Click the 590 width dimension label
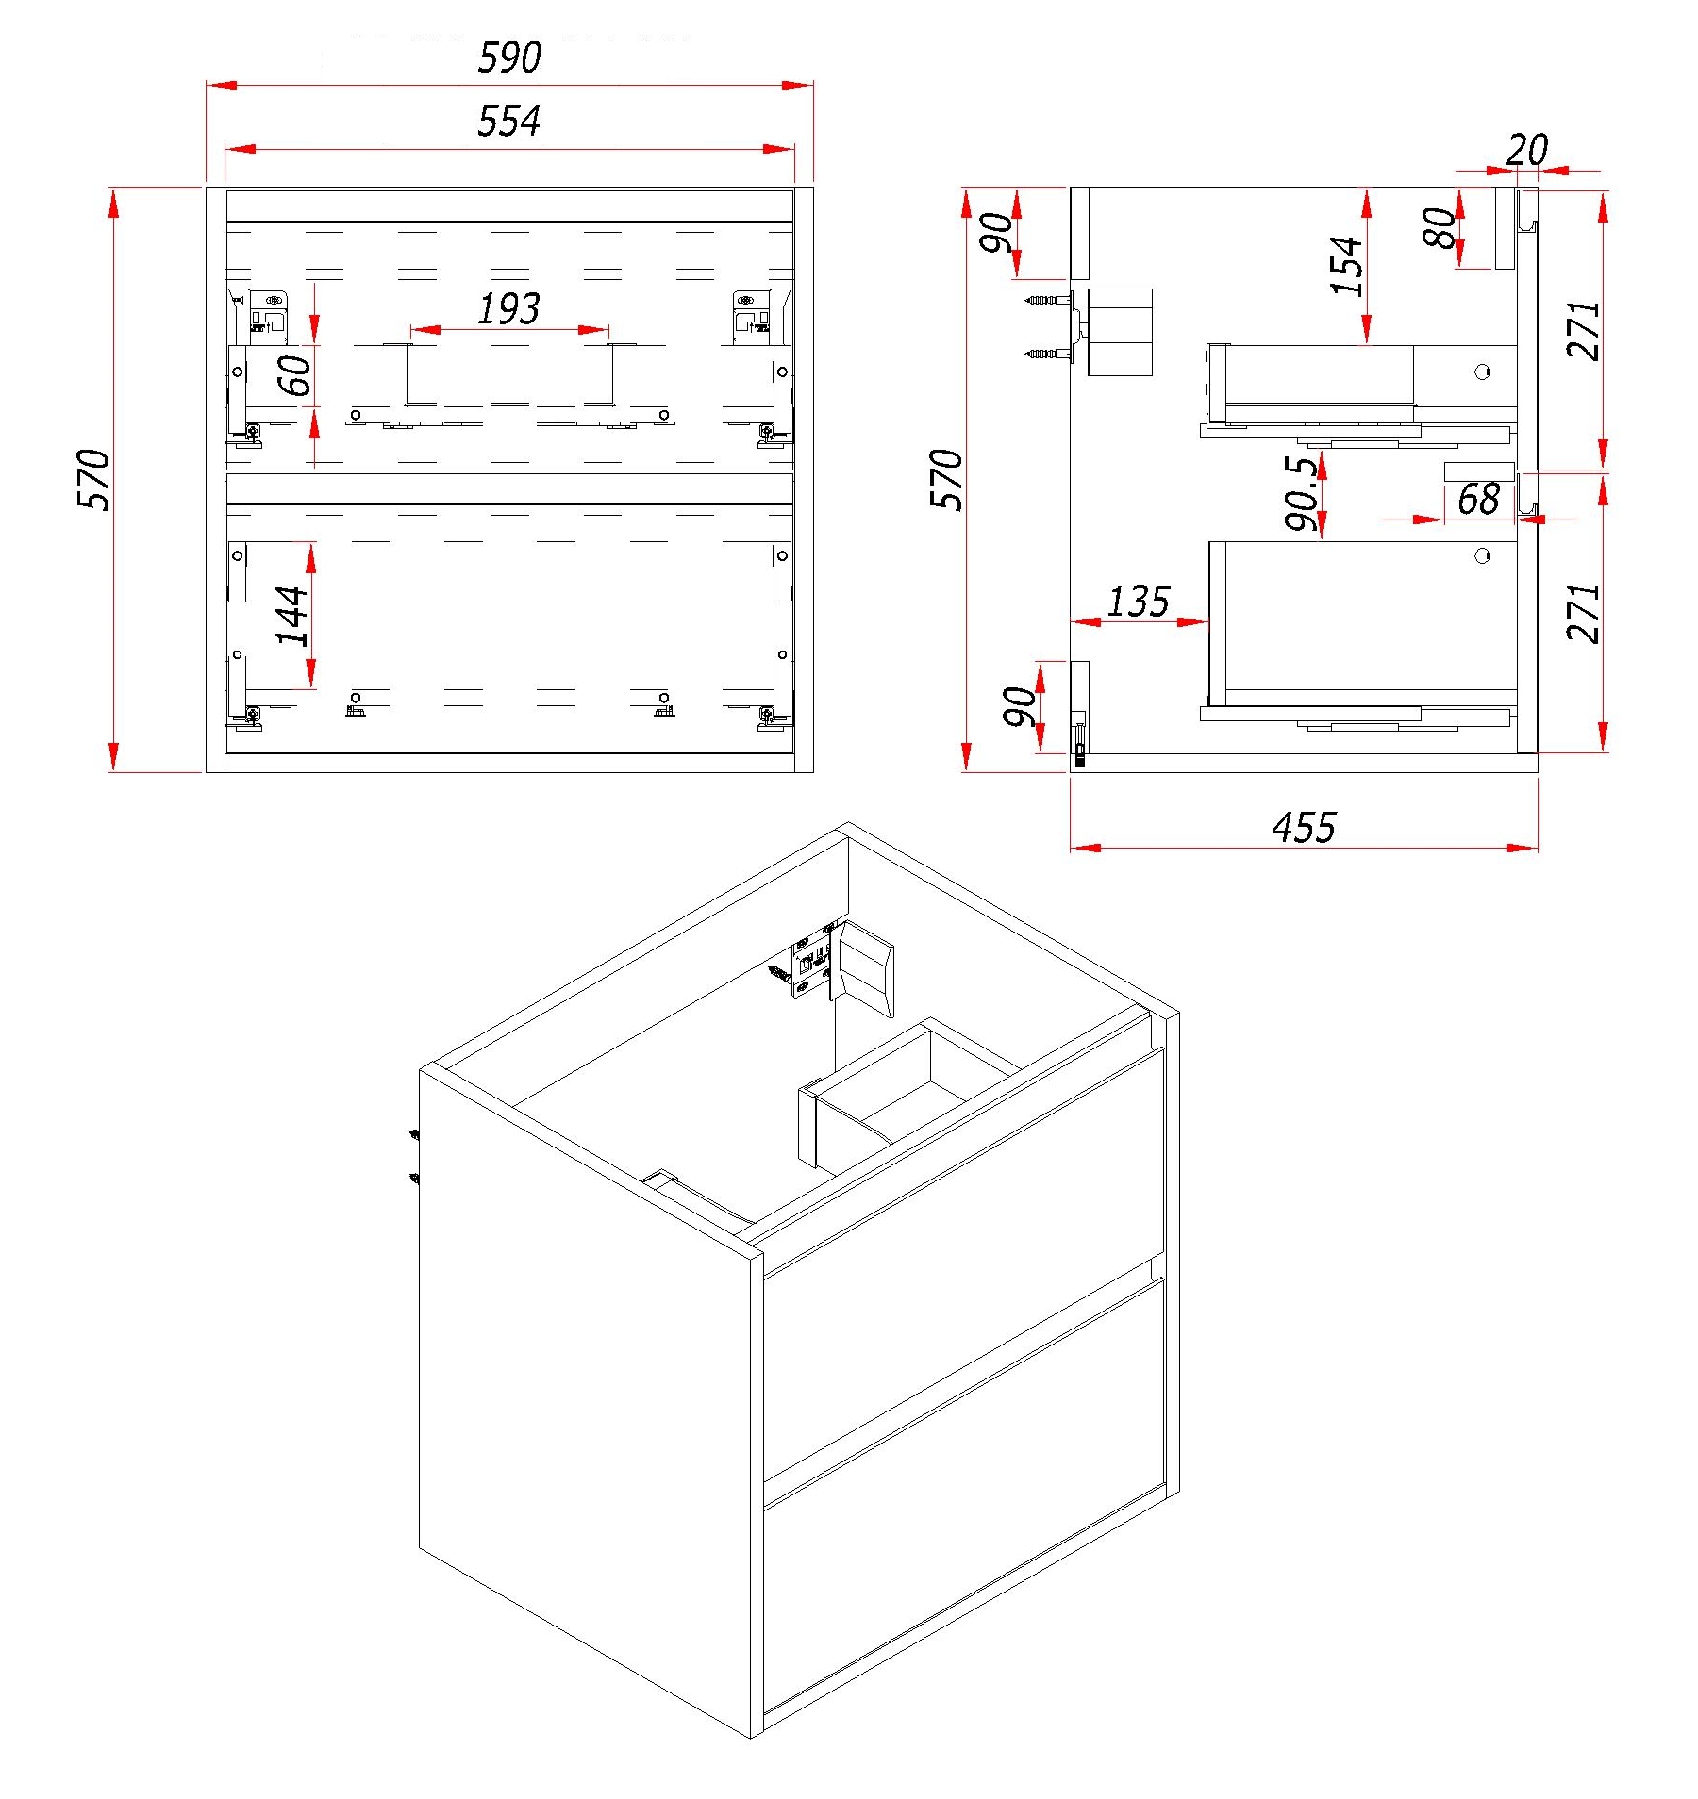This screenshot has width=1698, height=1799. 509,58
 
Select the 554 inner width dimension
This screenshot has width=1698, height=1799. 509,122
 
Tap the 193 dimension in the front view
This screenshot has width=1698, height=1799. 509,309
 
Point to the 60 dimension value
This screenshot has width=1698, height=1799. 295,374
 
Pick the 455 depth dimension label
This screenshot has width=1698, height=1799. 1304,828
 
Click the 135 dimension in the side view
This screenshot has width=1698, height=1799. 1139,602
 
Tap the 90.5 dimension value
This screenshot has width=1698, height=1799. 1301,494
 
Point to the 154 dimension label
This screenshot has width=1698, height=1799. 1347,266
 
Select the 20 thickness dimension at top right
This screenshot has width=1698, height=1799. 1526,150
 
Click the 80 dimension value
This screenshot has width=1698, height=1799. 1440,228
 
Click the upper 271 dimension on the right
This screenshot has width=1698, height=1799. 1584,331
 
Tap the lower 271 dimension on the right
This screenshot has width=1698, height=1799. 1584,614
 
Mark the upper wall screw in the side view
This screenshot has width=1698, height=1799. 1043,300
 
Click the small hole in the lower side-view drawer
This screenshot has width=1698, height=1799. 1482,556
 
